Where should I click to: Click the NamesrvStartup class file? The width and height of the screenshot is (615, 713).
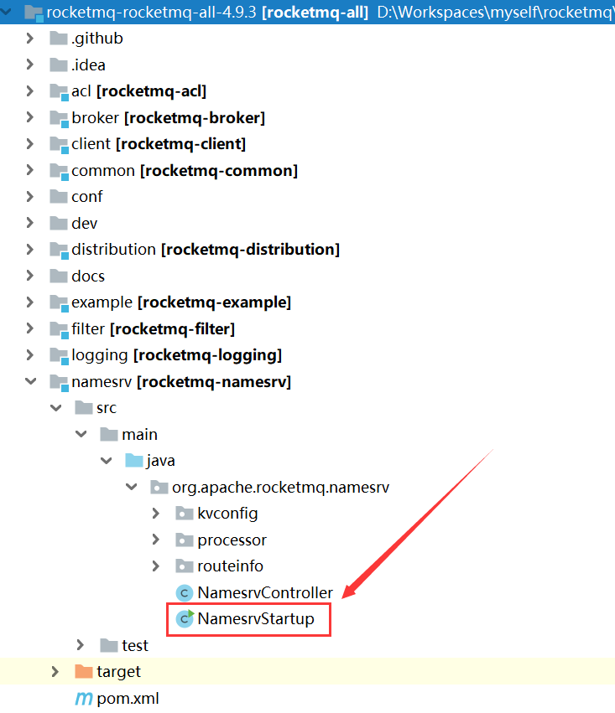[255, 619]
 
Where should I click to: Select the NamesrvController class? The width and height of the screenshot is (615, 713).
[265, 592]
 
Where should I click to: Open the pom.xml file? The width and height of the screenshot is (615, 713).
[128, 698]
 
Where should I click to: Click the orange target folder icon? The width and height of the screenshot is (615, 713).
[84, 671]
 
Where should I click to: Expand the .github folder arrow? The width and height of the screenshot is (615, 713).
[30, 39]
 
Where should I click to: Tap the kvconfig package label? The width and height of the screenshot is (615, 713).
[227, 513]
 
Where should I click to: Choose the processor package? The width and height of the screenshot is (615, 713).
[232, 540]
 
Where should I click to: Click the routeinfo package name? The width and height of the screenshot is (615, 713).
[231, 566]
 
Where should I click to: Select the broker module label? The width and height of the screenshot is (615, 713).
[168, 118]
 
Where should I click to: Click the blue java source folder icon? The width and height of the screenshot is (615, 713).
[134, 460]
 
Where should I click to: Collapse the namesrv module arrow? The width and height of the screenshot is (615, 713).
[30, 381]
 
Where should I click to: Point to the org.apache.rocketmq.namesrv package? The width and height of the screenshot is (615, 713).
[280, 487]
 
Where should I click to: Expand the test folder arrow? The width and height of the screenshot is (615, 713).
[81, 645]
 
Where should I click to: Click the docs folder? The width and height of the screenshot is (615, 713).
[88, 276]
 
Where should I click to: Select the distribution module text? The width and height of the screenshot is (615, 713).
[206, 249]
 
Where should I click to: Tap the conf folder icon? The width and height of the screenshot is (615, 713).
[58, 196]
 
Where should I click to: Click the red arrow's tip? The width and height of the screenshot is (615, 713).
[342, 598]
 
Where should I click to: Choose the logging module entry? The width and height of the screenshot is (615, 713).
[177, 355]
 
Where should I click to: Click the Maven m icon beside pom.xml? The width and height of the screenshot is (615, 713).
[84, 699]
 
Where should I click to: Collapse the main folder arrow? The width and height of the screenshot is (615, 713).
[81, 434]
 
